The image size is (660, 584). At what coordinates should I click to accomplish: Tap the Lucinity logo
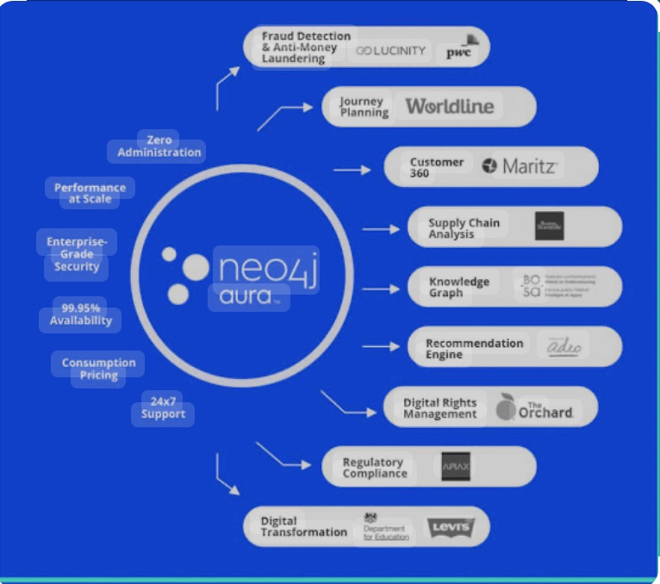coord(391,51)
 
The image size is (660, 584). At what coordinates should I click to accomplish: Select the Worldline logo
coord(450,107)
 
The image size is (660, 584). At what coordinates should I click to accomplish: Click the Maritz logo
coord(520,166)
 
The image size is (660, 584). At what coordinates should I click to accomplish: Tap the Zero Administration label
coord(159,146)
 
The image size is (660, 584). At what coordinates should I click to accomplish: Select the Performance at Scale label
coord(90,193)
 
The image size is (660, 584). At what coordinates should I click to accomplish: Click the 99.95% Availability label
coord(81,314)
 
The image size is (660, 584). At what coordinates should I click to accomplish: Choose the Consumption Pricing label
coord(98,369)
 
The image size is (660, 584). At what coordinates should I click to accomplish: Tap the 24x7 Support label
coord(163,407)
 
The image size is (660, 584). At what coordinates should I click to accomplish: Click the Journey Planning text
coord(362,107)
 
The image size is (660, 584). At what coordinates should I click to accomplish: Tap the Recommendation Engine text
coord(473,348)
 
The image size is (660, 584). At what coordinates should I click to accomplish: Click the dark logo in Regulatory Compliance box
coord(455,466)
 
